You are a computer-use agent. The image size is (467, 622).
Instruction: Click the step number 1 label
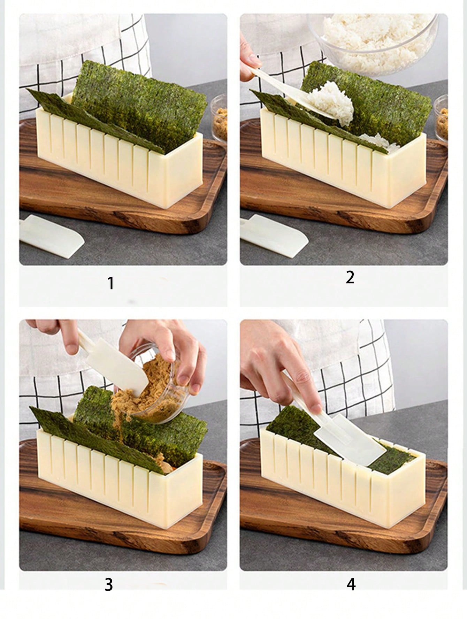pos(111,283)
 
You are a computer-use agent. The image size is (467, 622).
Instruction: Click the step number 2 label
pos(350,277)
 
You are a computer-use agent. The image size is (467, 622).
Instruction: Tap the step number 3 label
pos(109,584)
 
